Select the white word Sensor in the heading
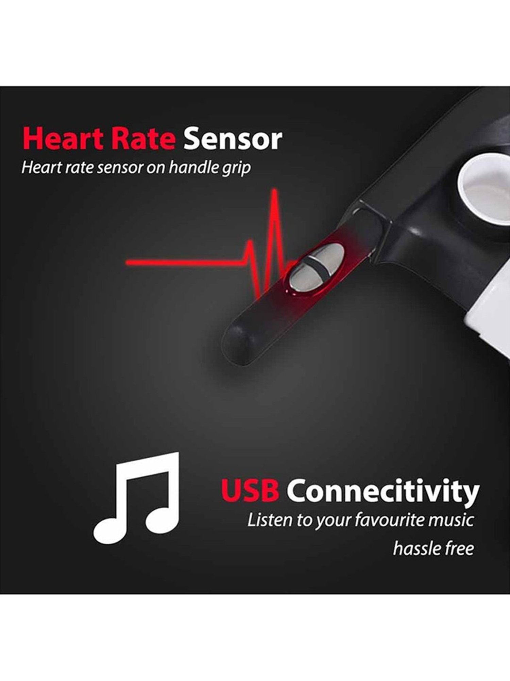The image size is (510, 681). tap(233, 139)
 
